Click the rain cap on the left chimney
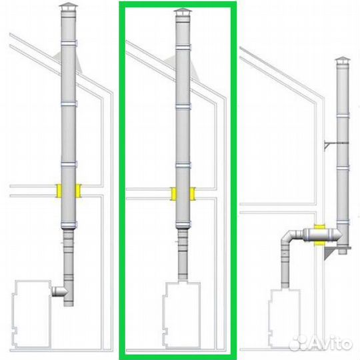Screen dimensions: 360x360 point(68,6)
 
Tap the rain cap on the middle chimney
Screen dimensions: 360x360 point(183,12)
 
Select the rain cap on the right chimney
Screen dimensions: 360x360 point(343,60)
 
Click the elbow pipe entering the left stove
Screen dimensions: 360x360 point(59,291)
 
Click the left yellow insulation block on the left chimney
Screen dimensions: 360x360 point(59,191)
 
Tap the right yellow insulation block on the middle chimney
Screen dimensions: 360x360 point(193,194)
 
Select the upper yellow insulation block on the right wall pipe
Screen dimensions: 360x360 point(319,227)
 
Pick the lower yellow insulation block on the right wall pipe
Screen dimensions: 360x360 point(319,243)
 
